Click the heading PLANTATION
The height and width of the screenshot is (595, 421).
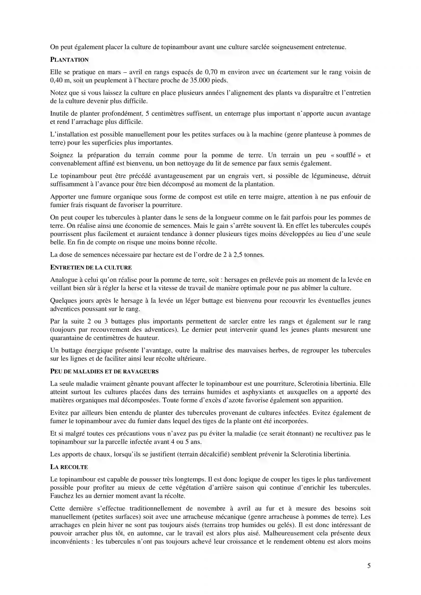coord(69,60)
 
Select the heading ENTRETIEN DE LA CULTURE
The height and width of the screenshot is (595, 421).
coord(91,267)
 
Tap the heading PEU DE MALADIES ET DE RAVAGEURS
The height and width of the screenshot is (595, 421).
coord(104,371)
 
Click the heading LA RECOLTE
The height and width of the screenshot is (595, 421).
coord(69,467)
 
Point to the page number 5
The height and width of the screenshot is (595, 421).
coord(369,566)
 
